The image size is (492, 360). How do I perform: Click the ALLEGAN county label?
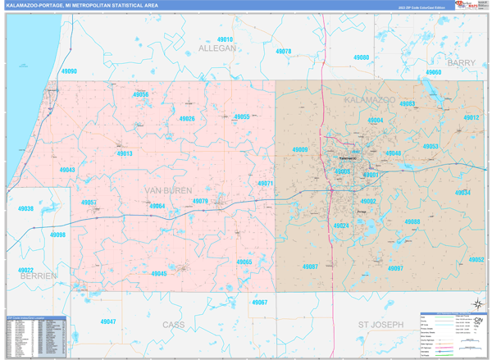217,48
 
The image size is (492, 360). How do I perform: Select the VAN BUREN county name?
167,190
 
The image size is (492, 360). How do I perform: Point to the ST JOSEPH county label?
381,325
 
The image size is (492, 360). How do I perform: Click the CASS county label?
174,325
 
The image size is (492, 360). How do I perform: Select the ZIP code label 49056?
141,94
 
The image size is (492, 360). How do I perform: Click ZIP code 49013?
124,153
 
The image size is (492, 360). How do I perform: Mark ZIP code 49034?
462,192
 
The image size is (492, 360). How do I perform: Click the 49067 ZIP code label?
259,303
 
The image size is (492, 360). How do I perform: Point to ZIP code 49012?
471,118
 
